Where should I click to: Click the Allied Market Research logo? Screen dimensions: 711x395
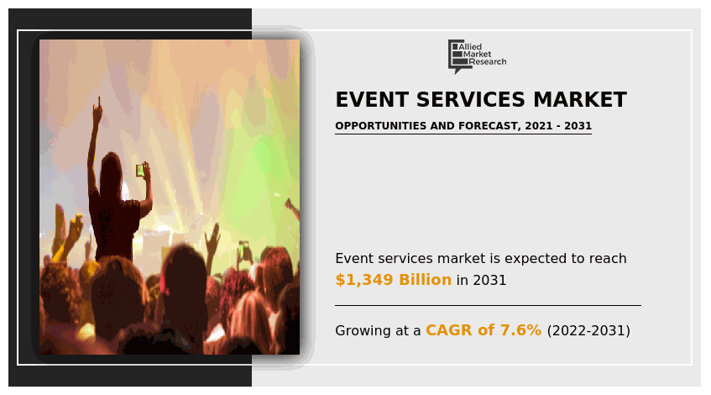coord(477,56)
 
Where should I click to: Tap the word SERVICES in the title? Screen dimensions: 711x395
coord(470,100)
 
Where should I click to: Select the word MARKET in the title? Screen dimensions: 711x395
coord(580,100)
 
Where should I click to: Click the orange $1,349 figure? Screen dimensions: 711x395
coord(364,280)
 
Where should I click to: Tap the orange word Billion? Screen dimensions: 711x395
coord(426,280)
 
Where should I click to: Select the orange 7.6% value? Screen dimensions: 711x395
coord(520,330)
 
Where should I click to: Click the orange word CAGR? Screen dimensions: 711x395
coord(449,330)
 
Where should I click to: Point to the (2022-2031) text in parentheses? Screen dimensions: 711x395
coord(588,330)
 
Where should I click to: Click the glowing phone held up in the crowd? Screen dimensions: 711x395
coord(140,171)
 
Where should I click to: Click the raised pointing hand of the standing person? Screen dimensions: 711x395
coord(97,109)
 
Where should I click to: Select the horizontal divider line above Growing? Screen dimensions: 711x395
coord(488,306)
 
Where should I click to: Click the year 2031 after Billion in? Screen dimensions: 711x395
coord(489,280)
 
